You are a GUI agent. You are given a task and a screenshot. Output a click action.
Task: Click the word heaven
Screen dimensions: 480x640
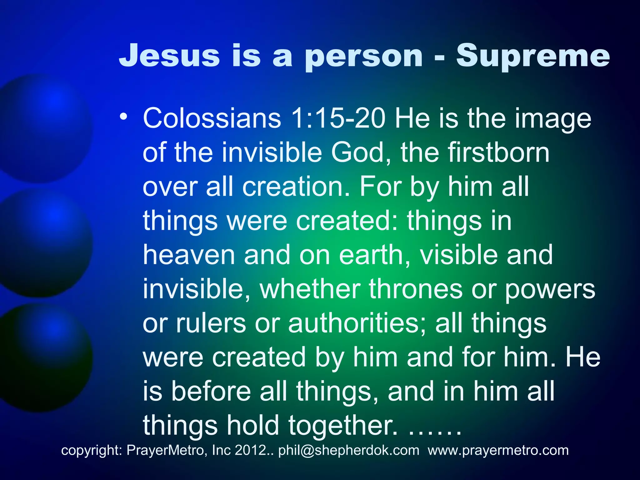pyautogui.click(x=189, y=255)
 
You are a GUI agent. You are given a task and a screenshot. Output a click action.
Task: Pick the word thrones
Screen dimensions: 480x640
pyautogui.click(x=416, y=289)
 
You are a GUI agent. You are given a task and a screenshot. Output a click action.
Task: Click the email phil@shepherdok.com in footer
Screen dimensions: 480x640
pyautogui.click(x=349, y=450)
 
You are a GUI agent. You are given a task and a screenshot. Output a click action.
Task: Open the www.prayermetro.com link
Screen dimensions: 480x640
pyautogui.click(x=498, y=450)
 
